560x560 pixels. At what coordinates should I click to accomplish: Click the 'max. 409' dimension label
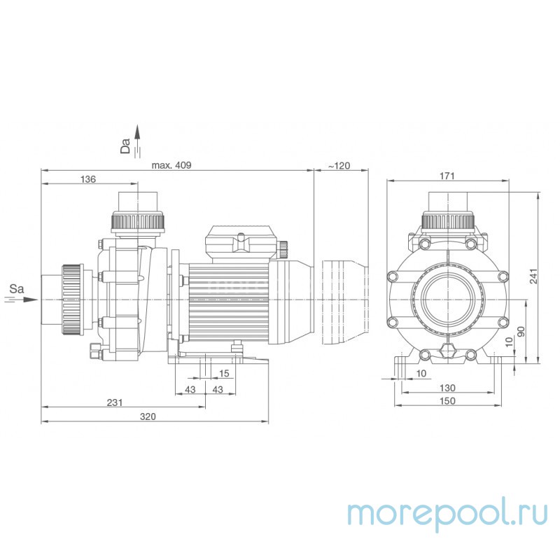point(171,165)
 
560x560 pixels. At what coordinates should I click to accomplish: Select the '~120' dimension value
point(339,165)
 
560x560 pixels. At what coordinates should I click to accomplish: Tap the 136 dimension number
point(87,180)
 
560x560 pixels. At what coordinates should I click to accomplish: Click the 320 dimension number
point(147,416)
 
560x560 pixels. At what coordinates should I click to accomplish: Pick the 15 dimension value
point(225,373)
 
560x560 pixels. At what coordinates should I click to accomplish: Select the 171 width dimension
point(449,176)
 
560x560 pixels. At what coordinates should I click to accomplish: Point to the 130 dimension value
point(447,388)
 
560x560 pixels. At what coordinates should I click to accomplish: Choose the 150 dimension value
point(447,401)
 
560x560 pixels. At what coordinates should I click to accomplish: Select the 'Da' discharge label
point(126,146)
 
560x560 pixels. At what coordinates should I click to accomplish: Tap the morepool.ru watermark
point(448,514)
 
